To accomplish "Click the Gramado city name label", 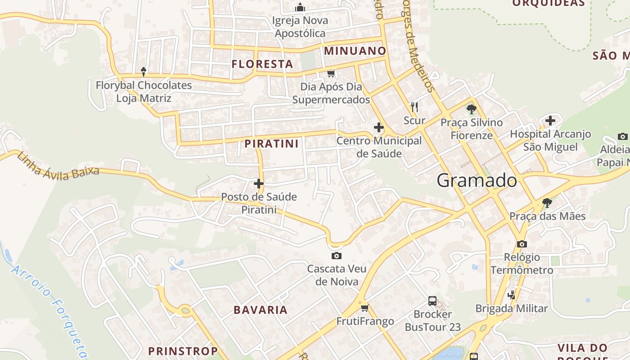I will pyautogui.click(x=477, y=180).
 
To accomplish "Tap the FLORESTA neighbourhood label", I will pyautogui.click(x=262, y=64).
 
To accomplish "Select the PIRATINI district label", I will pyautogui.click(x=271, y=144).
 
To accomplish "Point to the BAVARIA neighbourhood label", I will pyautogui.click(x=261, y=310).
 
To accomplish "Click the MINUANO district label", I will pyautogui.click(x=355, y=51).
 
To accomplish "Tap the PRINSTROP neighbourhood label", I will pyautogui.click(x=183, y=351).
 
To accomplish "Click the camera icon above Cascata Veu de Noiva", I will pyautogui.click(x=336, y=256).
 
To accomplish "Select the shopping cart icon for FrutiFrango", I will pyautogui.click(x=364, y=308).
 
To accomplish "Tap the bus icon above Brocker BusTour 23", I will pyautogui.click(x=432, y=301).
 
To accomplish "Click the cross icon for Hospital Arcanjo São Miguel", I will pyautogui.click(x=550, y=121).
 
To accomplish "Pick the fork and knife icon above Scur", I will pyautogui.click(x=414, y=107).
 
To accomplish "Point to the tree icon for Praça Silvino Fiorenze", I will pyautogui.click(x=471, y=109).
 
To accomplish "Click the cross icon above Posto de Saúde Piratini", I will pyautogui.click(x=259, y=184).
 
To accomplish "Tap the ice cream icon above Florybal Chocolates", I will pyautogui.click(x=144, y=71).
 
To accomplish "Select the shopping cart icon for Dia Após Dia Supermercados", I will pyautogui.click(x=331, y=73).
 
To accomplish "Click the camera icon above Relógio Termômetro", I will pyautogui.click(x=522, y=244).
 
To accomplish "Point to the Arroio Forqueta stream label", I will pyautogui.click(x=50, y=310).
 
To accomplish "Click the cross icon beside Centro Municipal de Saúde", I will pyautogui.click(x=379, y=128).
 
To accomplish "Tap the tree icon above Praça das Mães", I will pyautogui.click(x=547, y=203).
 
